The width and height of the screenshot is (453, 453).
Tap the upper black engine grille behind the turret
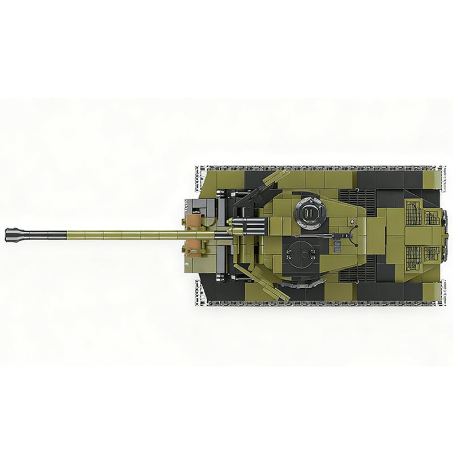pyautogui.click(x=357, y=201)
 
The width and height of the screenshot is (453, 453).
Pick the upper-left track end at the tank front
pyautogui.click(x=201, y=178)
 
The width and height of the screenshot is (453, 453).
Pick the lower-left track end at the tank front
pyautogui.click(x=201, y=292)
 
